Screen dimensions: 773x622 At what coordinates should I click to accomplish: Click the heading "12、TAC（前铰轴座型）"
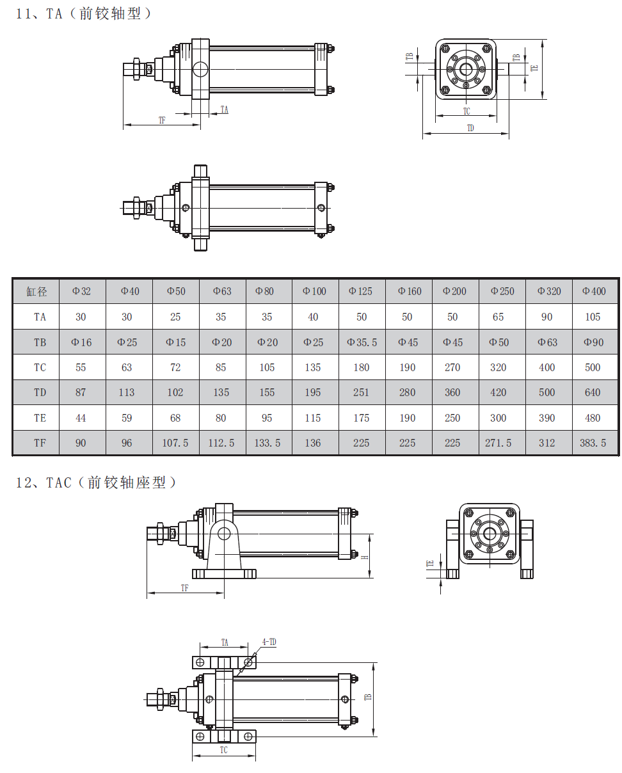coord(95,482)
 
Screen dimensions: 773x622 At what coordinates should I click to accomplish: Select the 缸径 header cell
coord(36,292)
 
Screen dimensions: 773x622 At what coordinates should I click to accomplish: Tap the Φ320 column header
coord(548,292)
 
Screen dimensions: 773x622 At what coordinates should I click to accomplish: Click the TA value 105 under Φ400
coord(593,317)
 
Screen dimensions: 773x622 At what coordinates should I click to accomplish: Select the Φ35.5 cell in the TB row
coord(362,342)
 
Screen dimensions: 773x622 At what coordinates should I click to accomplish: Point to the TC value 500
coord(593,367)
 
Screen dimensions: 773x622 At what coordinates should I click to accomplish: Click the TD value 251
coord(362,392)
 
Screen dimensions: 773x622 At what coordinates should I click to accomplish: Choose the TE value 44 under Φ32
coord(81,418)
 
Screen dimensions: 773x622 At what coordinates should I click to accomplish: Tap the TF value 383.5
coord(593,443)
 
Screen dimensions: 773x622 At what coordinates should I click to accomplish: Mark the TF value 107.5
coord(175,443)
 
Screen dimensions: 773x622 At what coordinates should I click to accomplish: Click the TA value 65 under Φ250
coord(498,317)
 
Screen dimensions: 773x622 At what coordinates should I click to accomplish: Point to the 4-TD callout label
coord(269,641)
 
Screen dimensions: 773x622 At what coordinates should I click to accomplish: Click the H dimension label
coord(365,556)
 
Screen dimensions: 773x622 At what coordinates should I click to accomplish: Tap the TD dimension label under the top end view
coord(470,128)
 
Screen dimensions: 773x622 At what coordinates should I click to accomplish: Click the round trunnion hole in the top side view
coord(201,69)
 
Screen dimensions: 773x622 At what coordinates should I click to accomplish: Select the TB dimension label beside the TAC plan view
coord(368,697)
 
